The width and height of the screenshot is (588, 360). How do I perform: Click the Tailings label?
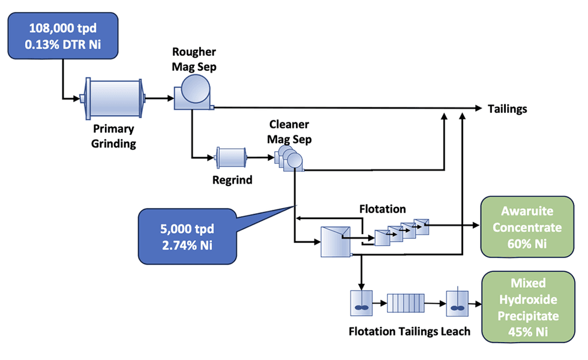(507, 109)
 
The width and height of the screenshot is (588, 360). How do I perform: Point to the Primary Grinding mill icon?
(112, 97)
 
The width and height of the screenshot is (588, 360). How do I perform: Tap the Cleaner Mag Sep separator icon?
(289, 160)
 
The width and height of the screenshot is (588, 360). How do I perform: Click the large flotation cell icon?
(336, 242)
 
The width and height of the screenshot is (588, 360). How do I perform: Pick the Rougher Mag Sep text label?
(194, 59)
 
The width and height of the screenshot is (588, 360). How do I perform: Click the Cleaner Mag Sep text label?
(289, 131)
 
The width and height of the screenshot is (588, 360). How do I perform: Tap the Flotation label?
(382, 209)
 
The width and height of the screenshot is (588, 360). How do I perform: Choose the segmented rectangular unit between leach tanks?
(406, 302)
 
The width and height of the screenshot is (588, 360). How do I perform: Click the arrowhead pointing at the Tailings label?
(479, 108)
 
